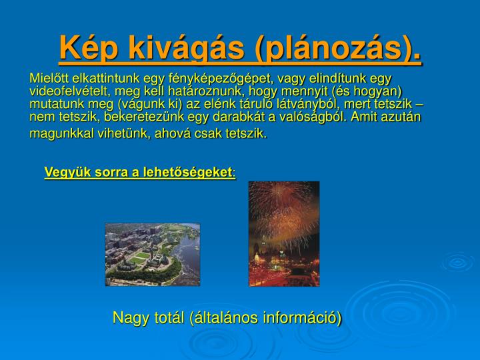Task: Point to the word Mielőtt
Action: tap(49, 79)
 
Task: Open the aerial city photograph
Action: tap(153, 255)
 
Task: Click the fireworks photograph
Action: tap(284, 234)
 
